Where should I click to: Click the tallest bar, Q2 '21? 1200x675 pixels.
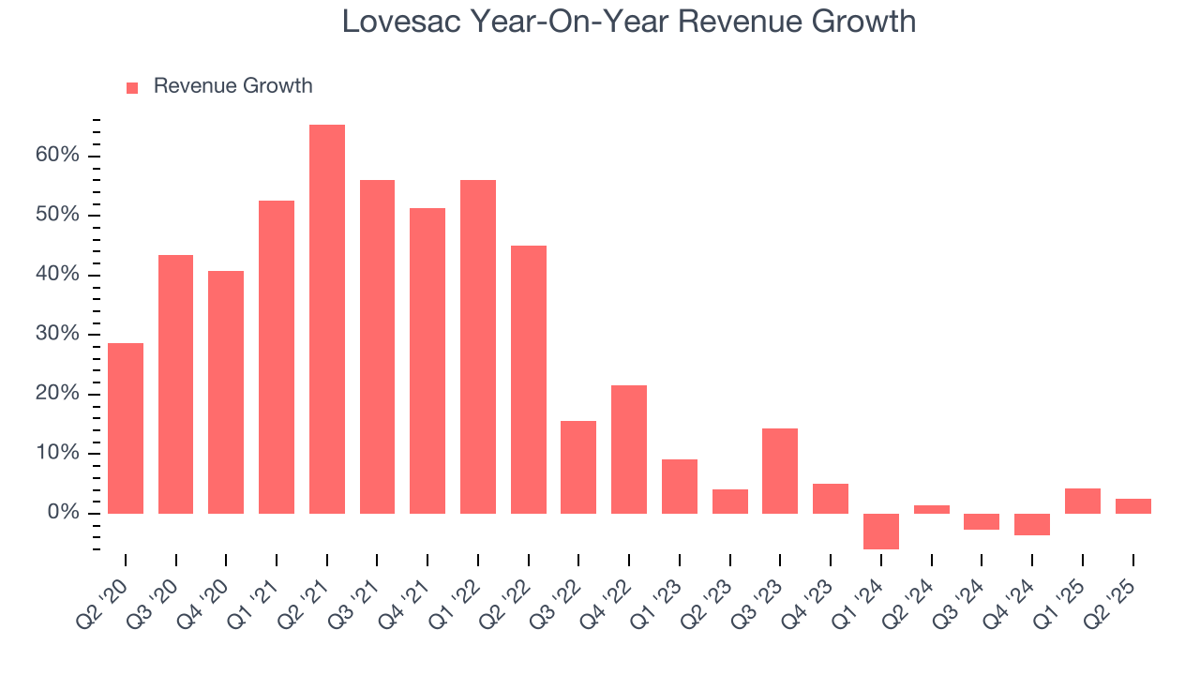327,319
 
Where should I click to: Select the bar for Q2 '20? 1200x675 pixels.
126,428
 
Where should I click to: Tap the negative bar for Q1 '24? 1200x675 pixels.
881,531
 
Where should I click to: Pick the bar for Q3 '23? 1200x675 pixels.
780,471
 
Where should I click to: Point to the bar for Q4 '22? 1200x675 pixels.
629,449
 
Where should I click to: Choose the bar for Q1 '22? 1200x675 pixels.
478,347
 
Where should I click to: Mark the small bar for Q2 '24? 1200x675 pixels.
932,509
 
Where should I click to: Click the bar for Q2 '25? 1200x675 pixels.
1133,506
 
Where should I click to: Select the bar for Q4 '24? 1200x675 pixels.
1032,524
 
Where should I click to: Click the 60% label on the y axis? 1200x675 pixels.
58,156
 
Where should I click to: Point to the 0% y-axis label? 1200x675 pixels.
63,513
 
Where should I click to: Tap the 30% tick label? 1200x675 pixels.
58,335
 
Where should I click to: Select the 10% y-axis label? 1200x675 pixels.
58,454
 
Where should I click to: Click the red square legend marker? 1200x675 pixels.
132,87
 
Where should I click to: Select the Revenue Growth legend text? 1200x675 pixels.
232,86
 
